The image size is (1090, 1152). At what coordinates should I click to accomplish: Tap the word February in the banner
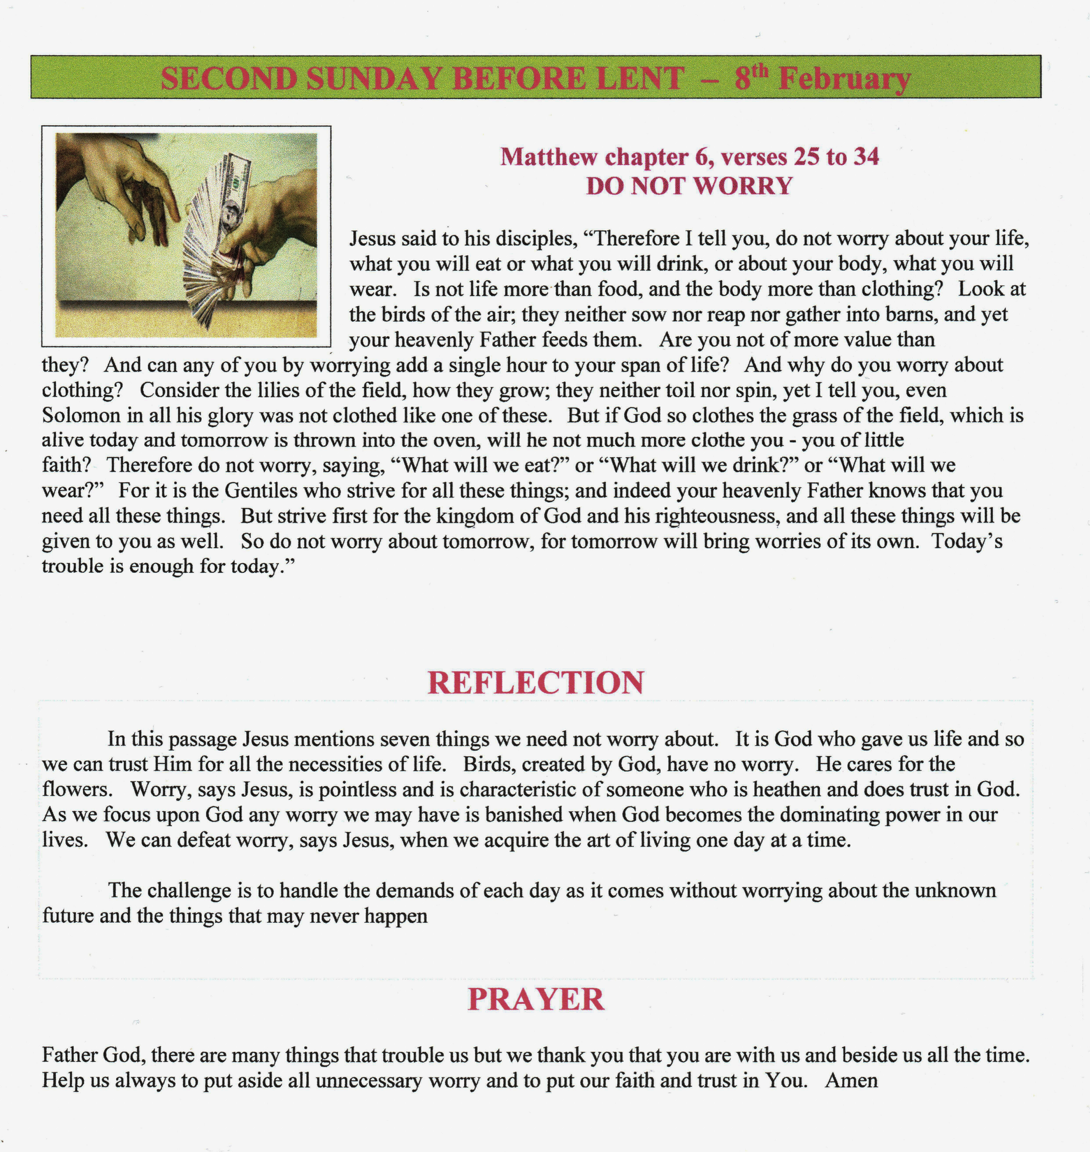844,80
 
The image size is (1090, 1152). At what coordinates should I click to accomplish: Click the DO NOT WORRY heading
689,186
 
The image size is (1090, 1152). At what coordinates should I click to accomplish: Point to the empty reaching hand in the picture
125,186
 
